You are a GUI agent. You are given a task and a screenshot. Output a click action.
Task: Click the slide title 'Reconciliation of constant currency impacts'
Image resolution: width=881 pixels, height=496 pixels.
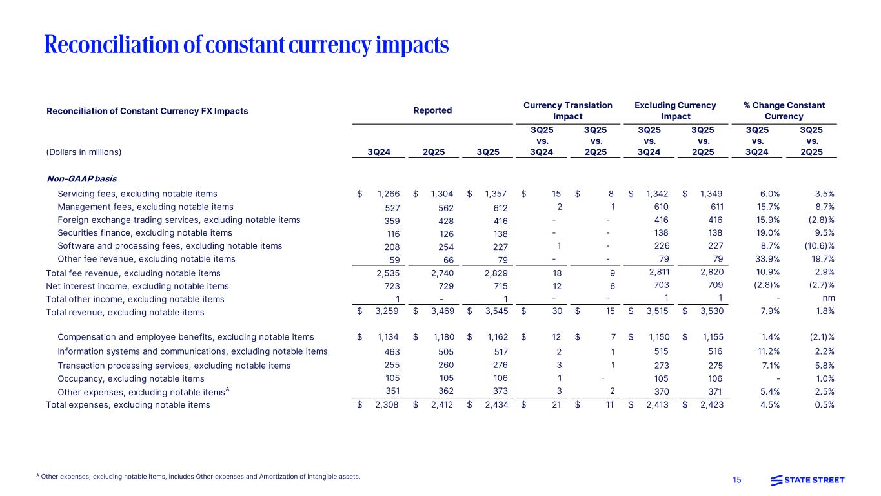pyautogui.click(x=246, y=45)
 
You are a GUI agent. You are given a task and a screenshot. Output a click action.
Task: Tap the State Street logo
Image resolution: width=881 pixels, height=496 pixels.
pyautogui.click(x=807, y=479)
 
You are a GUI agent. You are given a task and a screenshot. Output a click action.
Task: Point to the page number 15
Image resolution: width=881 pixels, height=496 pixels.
pyautogui.click(x=738, y=479)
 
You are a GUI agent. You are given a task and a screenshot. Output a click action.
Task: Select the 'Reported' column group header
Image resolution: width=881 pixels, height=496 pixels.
pyautogui.click(x=432, y=110)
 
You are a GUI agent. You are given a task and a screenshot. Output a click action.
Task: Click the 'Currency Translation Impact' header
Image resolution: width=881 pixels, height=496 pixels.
pyautogui.click(x=567, y=110)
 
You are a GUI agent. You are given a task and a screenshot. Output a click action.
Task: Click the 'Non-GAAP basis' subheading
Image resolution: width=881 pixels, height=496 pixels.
pyautogui.click(x=81, y=178)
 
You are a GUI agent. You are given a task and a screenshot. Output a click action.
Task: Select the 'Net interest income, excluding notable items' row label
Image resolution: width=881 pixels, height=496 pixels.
pyautogui.click(x=137, y=285)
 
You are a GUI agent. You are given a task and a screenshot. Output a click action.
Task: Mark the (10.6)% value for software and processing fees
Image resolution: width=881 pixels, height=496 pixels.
pyautogui.click(x=820, y=246)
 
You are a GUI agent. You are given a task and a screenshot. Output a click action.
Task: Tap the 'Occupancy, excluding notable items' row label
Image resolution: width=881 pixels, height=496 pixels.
pyautogui.click(x=131, y=378)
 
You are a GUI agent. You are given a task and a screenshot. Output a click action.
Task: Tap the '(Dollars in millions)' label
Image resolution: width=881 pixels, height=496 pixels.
pyautogui.click(x=84, y=152)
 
